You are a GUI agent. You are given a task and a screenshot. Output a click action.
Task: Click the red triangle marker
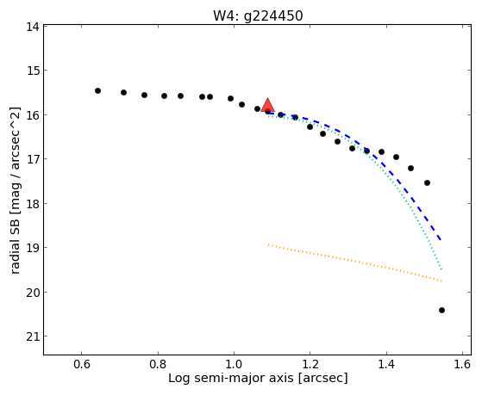268,105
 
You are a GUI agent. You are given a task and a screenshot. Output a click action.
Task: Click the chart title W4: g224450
258,16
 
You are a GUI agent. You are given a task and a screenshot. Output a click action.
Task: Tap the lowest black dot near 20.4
441,311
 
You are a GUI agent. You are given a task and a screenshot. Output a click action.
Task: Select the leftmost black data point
97,91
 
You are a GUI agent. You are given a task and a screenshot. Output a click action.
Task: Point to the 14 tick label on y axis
33,27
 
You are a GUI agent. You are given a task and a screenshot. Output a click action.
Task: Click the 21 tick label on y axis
33,336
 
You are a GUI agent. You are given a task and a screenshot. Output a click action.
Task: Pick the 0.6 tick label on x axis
81,364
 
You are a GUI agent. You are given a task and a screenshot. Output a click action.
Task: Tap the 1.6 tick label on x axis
462,364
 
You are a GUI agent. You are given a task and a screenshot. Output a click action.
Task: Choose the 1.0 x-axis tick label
234,364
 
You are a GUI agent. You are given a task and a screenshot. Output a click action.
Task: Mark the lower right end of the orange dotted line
441,281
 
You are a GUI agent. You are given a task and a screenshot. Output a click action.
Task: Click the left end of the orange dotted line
268,244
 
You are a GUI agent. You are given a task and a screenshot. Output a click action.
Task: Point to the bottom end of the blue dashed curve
441,240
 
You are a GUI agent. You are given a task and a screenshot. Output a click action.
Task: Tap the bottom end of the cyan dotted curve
441,269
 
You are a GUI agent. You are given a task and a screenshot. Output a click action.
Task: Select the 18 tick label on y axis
33,204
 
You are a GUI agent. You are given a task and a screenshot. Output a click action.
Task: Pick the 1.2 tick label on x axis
310,364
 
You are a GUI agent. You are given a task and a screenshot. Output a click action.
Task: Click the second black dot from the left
123,92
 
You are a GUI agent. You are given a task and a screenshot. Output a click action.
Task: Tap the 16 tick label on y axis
33,115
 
